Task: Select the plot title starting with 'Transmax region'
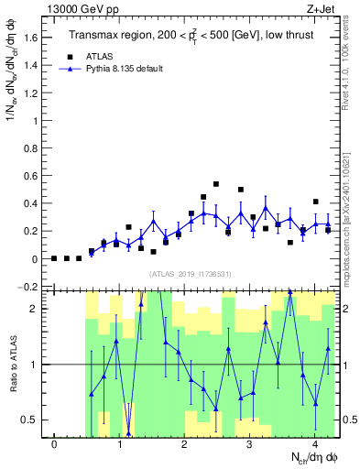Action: [191, 36]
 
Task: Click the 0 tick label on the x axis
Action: [54, 445]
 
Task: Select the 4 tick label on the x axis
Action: [314, 445]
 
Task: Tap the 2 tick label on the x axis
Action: [184, 445]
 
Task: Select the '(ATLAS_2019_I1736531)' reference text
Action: [191, 275]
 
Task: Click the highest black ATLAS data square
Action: [216, 184]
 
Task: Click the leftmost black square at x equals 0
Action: [54, 258]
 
